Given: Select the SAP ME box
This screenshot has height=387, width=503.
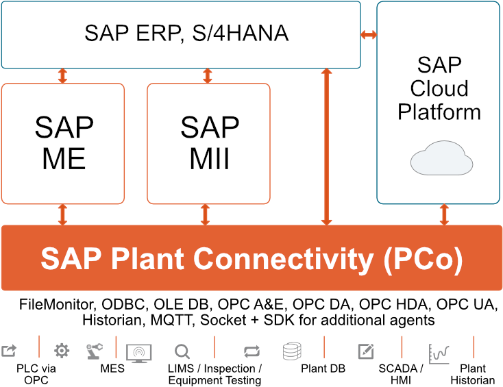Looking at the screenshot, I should (63, 144).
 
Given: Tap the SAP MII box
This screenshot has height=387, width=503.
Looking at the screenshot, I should (209, 144).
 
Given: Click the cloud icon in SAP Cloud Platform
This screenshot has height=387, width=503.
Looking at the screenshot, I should (441, 159).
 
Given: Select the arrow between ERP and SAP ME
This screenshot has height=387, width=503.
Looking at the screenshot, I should (63, 76).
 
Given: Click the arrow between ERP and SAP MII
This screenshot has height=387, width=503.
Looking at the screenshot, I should (205, 76).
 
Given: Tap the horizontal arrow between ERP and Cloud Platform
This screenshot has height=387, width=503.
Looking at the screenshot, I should (369, 35).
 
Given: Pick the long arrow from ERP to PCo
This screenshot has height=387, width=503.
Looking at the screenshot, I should (327, 147).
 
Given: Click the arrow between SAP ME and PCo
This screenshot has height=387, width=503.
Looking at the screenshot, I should (63, 214).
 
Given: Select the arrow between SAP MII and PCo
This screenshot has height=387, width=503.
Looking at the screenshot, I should (205, 214).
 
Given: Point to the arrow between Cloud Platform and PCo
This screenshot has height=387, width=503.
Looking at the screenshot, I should (444, 214).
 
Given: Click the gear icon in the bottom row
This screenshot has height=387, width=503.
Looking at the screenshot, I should (62, 351).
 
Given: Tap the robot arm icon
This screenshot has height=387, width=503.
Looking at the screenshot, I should (93, 351).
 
